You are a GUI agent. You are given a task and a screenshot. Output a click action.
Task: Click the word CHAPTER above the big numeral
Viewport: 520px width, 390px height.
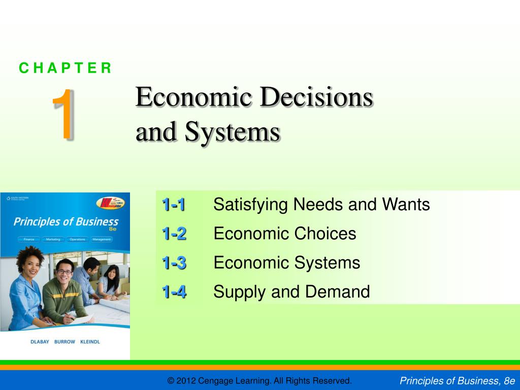pyautogui.click(x=65, y=68)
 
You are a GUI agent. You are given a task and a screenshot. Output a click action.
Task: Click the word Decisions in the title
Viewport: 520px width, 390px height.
pyautogui.click(x=316, y=97)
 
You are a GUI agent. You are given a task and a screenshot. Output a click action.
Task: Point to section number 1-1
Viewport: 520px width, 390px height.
pyautogui.click(x=174, y=205)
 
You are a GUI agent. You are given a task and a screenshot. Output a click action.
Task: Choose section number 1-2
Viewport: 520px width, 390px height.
pyautogui.click(x=174, y=234)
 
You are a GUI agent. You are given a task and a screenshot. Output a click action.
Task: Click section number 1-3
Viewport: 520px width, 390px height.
pyautogui.click(x=174, y=263)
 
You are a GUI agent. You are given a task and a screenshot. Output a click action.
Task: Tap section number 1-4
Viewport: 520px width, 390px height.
pyautogui.click(x=174, y=292)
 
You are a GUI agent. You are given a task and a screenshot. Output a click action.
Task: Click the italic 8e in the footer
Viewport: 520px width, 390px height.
pyautogui.click(x=509, y=381)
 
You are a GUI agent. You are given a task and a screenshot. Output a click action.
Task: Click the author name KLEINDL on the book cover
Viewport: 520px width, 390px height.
pyautogui.click(x=89, y=342)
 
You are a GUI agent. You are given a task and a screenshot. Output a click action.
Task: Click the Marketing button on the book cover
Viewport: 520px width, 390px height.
pyautogui.click(x=52, y=239)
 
